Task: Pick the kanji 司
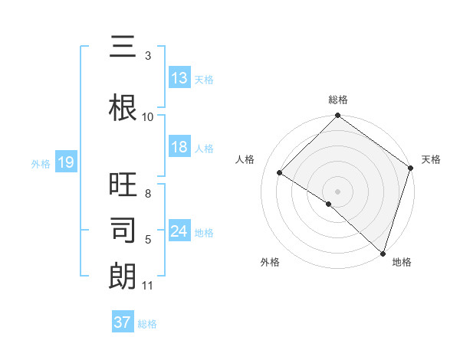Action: pos(123,230)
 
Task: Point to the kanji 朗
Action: pos(123,276)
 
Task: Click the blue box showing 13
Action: pos(179,78)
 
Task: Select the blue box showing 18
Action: pos(179,147)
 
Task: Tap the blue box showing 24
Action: pos(179,231)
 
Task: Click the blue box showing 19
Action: pos(65,162)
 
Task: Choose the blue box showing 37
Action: pos(123,322)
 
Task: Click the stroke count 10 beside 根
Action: pos(148,116)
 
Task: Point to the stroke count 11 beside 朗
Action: pos(148,286)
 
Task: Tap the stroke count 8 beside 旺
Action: pos(148,194)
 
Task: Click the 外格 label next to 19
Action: pos(41,163)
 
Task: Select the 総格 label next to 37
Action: pos(147,324)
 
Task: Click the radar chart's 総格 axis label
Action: pos(338,100)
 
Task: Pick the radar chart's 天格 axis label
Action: pos(431,159)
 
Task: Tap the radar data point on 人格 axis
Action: pos(280,173)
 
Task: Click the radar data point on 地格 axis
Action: pos(383,253)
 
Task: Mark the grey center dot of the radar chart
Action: pos(337,190)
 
